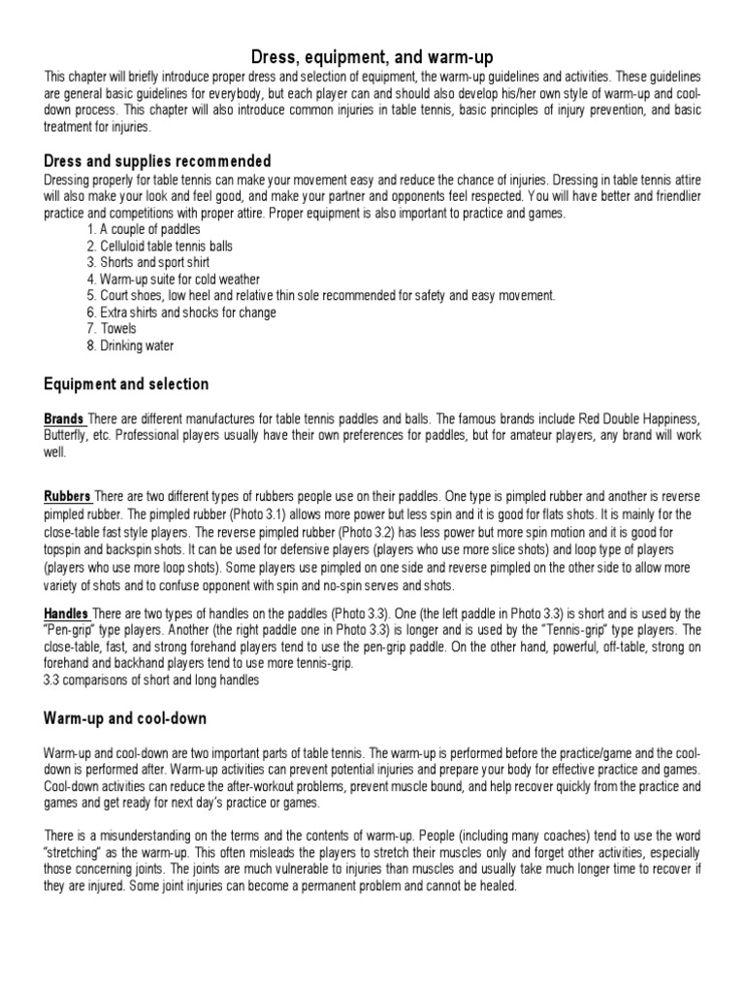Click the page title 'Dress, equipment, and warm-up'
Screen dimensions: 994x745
[x=372, y=56]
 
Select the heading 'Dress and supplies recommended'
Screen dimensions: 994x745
[x=157, y=161]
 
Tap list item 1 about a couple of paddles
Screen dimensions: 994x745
[x=143, y=229]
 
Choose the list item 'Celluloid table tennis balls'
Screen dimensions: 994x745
[x=159, y=246]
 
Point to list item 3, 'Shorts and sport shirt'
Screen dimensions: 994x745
[x=147, y=262]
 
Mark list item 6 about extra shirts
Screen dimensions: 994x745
[x=180, y=313]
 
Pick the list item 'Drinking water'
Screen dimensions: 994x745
[x=130, y=346]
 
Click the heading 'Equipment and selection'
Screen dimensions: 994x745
[x=126, y=384]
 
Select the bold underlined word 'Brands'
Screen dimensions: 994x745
[x=64, y=418]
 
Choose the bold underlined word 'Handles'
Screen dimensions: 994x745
[x=67, y=613]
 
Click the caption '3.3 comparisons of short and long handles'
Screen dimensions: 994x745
[x=150, y=679]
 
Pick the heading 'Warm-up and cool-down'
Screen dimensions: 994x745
[x=125, y=719]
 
